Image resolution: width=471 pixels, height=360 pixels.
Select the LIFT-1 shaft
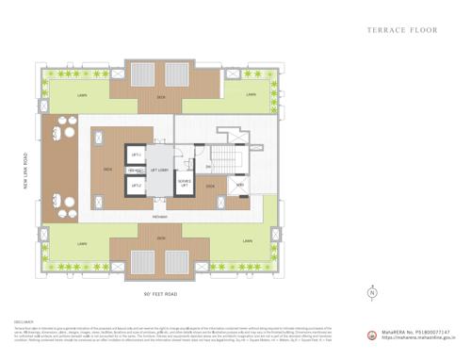point(137,153)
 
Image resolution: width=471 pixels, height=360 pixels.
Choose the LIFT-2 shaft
point(137,186)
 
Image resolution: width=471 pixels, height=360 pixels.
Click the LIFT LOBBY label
point(159,171)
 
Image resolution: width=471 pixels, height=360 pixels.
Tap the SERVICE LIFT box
point(185,185)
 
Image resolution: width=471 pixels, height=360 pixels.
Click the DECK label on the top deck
point(161,94)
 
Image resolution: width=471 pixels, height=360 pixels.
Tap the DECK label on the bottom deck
point(161,237)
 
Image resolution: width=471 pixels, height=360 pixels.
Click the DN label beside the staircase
point(209,167)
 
